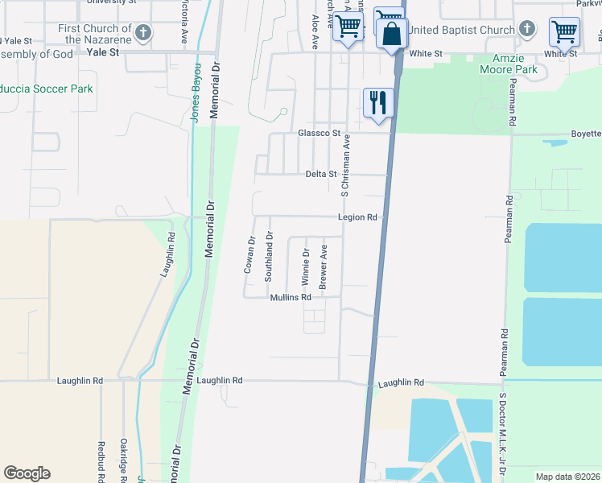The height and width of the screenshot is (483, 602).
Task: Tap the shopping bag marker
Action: tap(392, 35)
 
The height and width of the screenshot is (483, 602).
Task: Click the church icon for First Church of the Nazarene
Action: tap(142, 33)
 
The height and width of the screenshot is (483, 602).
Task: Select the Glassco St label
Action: tap(320, 133)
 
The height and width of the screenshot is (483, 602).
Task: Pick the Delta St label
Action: tap(320, 174)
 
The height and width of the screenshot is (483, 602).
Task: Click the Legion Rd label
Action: tap(357, 217)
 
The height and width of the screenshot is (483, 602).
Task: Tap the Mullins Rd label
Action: tap(291, 297)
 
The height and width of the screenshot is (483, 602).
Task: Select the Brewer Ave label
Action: tap(323, 267)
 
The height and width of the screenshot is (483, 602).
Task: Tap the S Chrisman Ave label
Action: tap(345, 165)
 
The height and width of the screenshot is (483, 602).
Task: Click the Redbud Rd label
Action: tap(101, 461)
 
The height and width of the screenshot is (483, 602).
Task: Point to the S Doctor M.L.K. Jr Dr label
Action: tap(501, 436)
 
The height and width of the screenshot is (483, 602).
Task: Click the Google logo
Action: tap(27, 473)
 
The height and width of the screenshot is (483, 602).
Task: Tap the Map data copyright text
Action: tap(567, 477)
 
